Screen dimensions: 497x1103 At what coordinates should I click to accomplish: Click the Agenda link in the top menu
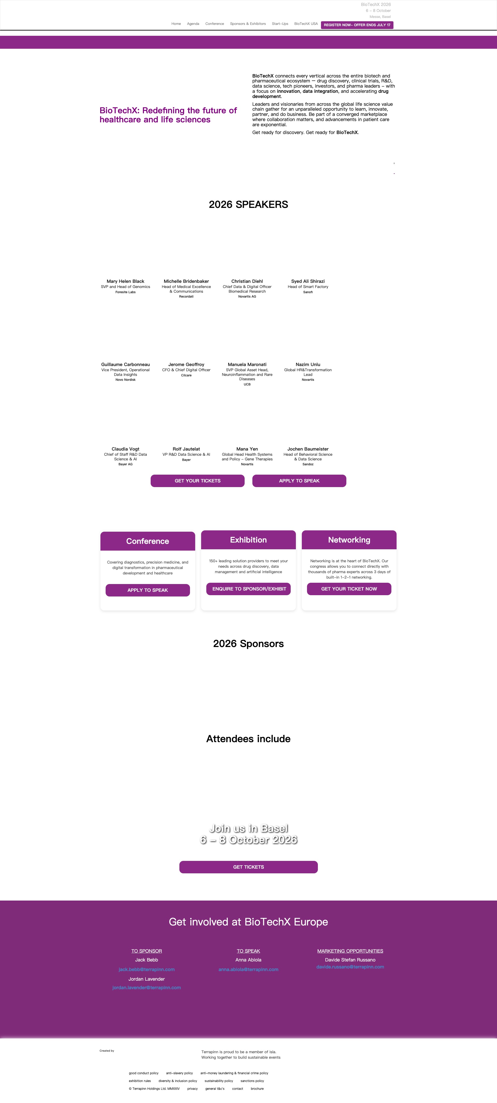click(x=193, y=24)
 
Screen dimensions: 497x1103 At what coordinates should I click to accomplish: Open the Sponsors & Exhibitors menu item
click(x=248, y=24)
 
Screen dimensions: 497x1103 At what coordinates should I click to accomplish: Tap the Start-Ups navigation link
click(x=280, y=24)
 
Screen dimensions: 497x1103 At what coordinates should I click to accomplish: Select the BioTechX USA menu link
click(x=306, y=24)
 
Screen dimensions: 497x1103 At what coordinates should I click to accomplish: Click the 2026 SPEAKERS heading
click(x=248, y=204)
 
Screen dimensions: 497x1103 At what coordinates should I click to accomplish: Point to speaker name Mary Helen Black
click(x=125, y=281)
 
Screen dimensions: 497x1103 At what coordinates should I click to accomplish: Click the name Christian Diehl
click(x=247, y=281)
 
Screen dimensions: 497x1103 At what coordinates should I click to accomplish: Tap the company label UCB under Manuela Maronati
click(x=247, y=384)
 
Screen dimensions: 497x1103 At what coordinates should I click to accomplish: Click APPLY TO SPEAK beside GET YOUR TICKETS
click(x=299, y=481)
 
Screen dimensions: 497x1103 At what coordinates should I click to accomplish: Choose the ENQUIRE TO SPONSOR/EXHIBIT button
click(x=248, y=589)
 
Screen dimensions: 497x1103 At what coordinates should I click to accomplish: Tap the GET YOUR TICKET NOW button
click(x=349, y=589)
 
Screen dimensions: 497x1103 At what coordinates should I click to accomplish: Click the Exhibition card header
click(x=248, y=540)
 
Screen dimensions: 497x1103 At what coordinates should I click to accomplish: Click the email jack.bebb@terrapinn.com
click(x=147, y=969)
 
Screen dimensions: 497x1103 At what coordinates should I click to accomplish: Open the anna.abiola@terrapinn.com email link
click(x=248, y=969)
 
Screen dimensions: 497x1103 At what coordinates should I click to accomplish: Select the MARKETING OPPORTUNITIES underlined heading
click(x=350, y=951)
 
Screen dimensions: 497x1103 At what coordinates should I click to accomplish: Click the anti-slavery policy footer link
click(x=180, y=1073)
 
